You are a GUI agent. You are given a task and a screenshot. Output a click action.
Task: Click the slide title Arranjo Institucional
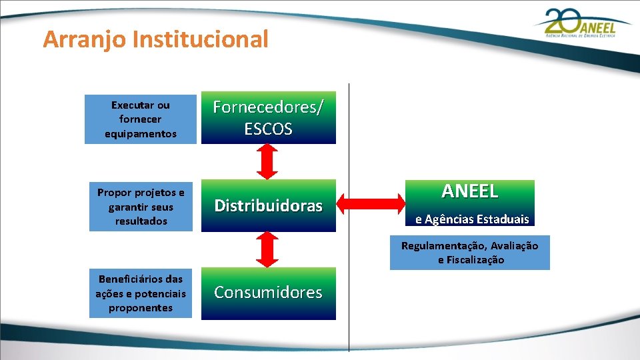(155, 40)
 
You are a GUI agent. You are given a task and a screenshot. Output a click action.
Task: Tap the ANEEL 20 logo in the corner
(583, 25)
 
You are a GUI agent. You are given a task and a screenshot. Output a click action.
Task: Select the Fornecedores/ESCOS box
(268, 118)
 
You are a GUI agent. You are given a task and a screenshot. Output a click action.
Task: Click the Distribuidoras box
(268, 205)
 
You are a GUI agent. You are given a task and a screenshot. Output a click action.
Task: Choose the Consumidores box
(268, 293)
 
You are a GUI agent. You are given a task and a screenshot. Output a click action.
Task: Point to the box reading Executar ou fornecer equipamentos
(141, 119)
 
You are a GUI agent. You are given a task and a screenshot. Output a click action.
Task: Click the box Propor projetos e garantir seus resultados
(141, 207)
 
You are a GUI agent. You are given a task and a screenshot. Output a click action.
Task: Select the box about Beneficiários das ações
(141, 293)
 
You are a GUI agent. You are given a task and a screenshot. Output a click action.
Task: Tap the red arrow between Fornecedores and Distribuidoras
(267, 161)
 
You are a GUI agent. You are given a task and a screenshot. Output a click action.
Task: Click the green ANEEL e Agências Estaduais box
(470, 202)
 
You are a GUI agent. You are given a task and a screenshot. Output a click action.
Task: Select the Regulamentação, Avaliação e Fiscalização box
(470, 253)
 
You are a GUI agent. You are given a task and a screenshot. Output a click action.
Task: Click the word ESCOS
(268, 129)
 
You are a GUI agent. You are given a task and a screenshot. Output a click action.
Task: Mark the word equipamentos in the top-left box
(141, 134)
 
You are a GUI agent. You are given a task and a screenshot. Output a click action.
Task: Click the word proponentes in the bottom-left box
(141, 308)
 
